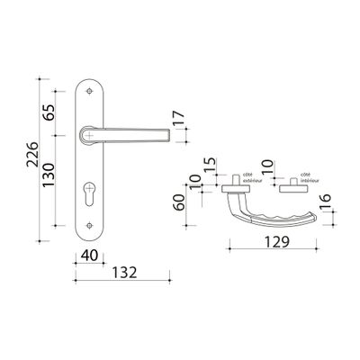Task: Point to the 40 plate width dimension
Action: click(88, 256)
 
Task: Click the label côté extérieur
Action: click(253, 179)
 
